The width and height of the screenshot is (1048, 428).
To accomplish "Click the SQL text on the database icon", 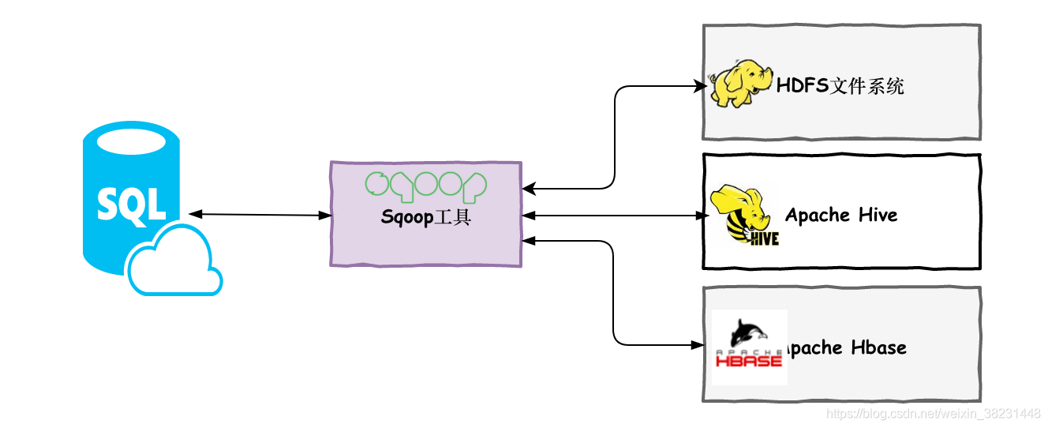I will (132, 204).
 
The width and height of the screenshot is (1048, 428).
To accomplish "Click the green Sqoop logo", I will (425, 185).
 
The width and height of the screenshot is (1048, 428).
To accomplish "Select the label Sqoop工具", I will (425, 217).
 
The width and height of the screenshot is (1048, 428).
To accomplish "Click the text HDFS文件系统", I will (840, 86).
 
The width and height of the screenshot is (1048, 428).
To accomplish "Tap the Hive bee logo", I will (743, 215).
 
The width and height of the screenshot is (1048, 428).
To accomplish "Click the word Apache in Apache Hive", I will (818, 215).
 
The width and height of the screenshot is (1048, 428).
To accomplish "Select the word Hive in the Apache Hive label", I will (878, 215).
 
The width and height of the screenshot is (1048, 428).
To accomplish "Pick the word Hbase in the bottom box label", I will (879, 347).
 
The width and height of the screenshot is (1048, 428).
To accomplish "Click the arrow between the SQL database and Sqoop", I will (260, 215).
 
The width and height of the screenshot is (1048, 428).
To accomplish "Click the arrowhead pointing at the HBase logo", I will (699, 344).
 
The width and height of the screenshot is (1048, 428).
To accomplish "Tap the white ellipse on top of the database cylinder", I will (132, 143).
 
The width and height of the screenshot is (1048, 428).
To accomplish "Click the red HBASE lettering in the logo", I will (748, 361).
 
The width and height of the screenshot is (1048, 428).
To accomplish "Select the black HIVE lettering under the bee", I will (764, 237).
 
